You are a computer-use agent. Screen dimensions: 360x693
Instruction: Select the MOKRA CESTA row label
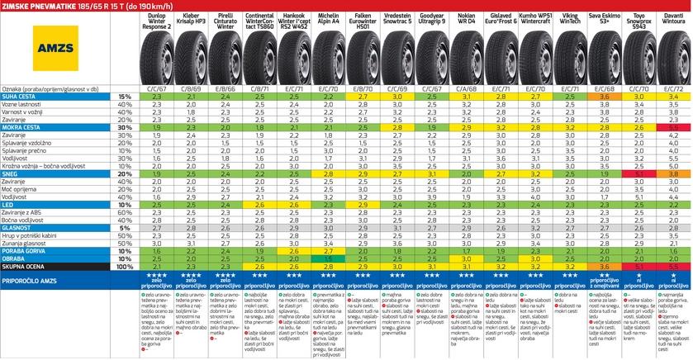[x=26, y=128]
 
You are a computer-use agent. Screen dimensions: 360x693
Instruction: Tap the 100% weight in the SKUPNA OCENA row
[x=126, y=267]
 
